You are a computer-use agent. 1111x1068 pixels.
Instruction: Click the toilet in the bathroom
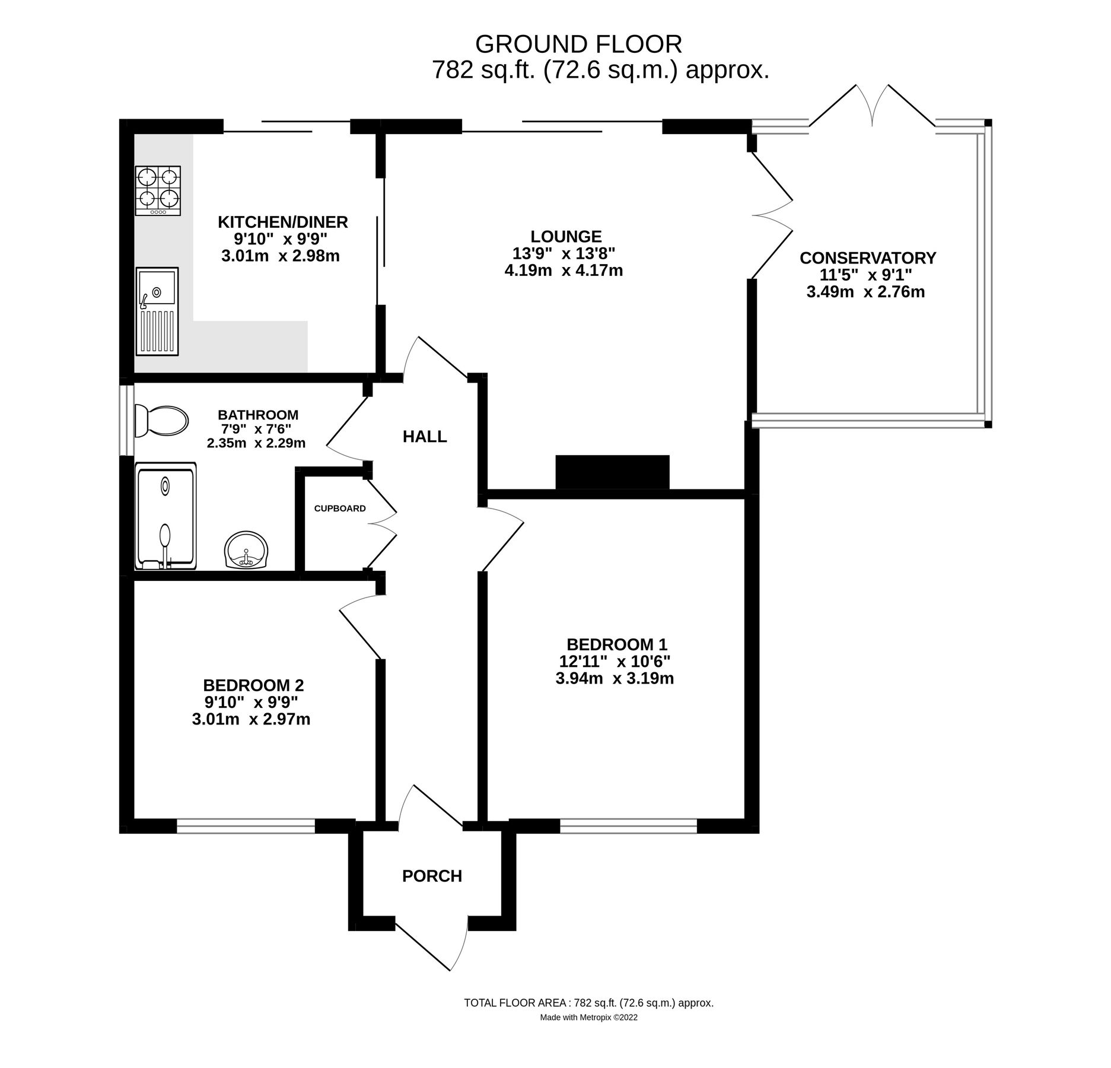161,421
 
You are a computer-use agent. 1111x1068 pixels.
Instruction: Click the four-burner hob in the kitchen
158,190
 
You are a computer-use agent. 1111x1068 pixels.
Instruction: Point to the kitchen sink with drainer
157,311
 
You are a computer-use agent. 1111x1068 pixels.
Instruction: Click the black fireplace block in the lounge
612,472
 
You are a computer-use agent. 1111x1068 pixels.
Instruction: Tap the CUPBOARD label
340,508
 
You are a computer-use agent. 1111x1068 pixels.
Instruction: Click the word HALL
425,437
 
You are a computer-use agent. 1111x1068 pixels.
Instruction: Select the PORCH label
432,876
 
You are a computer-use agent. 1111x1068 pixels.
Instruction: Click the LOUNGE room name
566,236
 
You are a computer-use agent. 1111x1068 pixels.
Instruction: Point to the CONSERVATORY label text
868,258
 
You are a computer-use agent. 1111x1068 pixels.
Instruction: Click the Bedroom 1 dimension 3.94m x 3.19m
615,678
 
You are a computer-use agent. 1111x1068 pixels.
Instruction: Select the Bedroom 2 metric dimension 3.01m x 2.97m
251,719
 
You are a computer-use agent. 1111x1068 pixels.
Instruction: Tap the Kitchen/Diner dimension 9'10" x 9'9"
281,239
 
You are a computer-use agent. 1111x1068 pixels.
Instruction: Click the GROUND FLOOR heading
578,44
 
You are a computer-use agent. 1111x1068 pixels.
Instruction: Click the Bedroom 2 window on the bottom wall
246,827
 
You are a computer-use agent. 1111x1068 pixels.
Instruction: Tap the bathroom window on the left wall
126,420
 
